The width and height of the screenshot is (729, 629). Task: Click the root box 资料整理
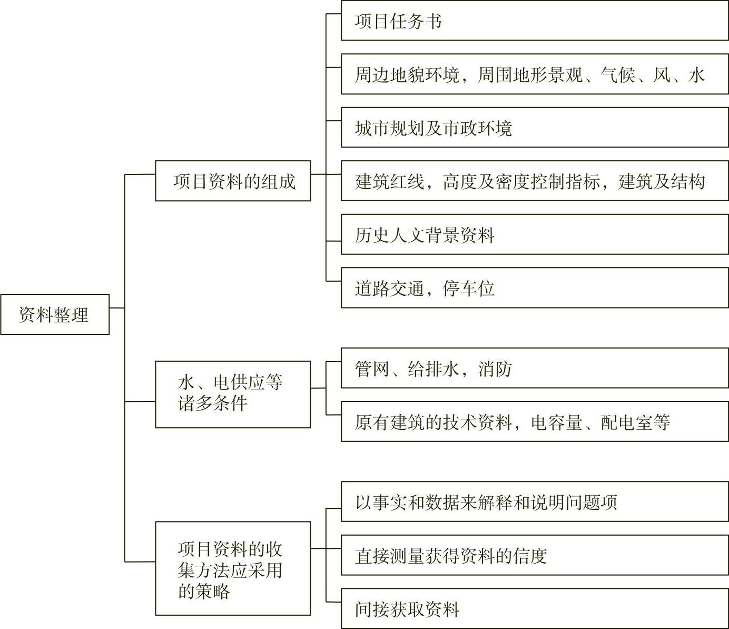[x=55, y=314]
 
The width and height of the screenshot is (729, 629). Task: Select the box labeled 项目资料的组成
[x=233, y=181]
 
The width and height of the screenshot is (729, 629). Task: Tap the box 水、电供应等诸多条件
[x=233, y=394]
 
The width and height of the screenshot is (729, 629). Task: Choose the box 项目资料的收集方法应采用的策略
[x=233, y=568]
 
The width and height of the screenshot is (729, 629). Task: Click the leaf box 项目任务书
[x=535, y=21]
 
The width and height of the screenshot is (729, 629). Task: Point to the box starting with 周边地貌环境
[x=535, y=74]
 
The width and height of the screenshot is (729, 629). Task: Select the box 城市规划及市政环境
[x=535, y=128]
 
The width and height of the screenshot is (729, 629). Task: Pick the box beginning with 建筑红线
[x=535, y=181]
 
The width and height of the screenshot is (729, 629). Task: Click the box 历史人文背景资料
[x=535, y=234]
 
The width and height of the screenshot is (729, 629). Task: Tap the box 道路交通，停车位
[x=535, y=288]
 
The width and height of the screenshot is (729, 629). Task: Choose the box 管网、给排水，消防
[x=535, y=368]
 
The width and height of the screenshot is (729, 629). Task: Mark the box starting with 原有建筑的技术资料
[x=535, y=421]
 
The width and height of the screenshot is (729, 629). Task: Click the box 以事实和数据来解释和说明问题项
[x=535, y=502]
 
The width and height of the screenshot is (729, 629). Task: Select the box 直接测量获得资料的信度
[x=535, y=555]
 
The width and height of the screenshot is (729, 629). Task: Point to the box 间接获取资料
[x=535, y=608]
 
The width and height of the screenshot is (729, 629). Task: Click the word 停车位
[x=468, y=289]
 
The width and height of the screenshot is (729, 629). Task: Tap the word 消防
[x=495, y=369]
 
